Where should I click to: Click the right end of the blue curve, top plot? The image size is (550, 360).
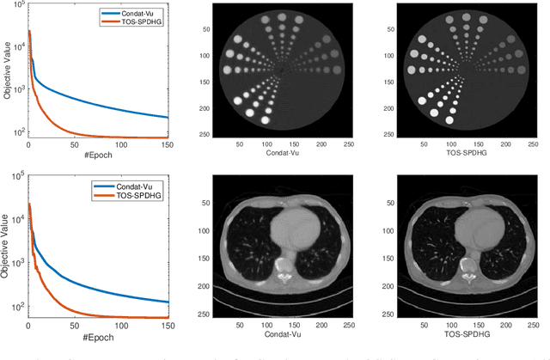point(168,117)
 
